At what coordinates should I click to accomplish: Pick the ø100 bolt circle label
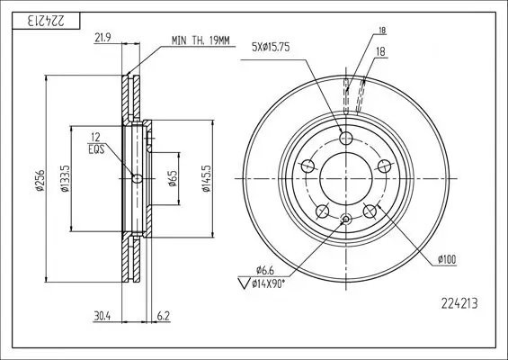447,260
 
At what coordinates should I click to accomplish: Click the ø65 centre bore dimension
173,178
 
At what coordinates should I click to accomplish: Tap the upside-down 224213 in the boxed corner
36,19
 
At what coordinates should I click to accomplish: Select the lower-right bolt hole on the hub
370,211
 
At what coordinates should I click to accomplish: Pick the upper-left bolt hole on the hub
308,166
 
